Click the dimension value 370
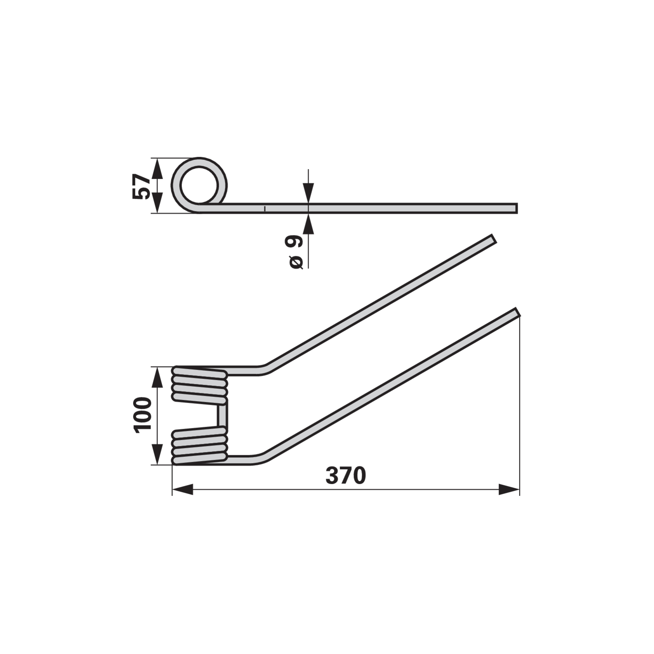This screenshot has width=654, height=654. coord(345,475)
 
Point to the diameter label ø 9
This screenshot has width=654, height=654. coord(296,252)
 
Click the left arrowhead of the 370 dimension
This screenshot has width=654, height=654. coord(182,489)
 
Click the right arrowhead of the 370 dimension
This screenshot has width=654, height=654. coord(509,489)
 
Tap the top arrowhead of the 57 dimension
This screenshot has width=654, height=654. coord(157,168)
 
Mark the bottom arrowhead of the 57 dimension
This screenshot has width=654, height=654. coord(157,203)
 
